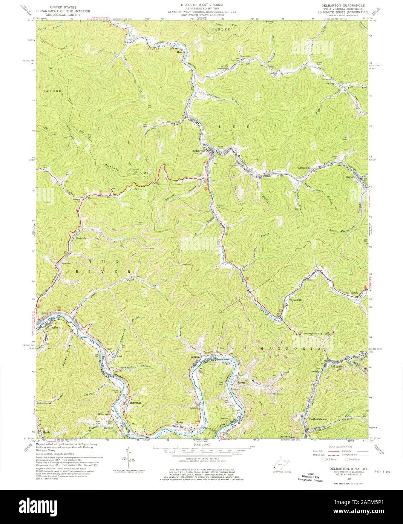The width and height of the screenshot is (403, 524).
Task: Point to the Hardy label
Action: (47, 432)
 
